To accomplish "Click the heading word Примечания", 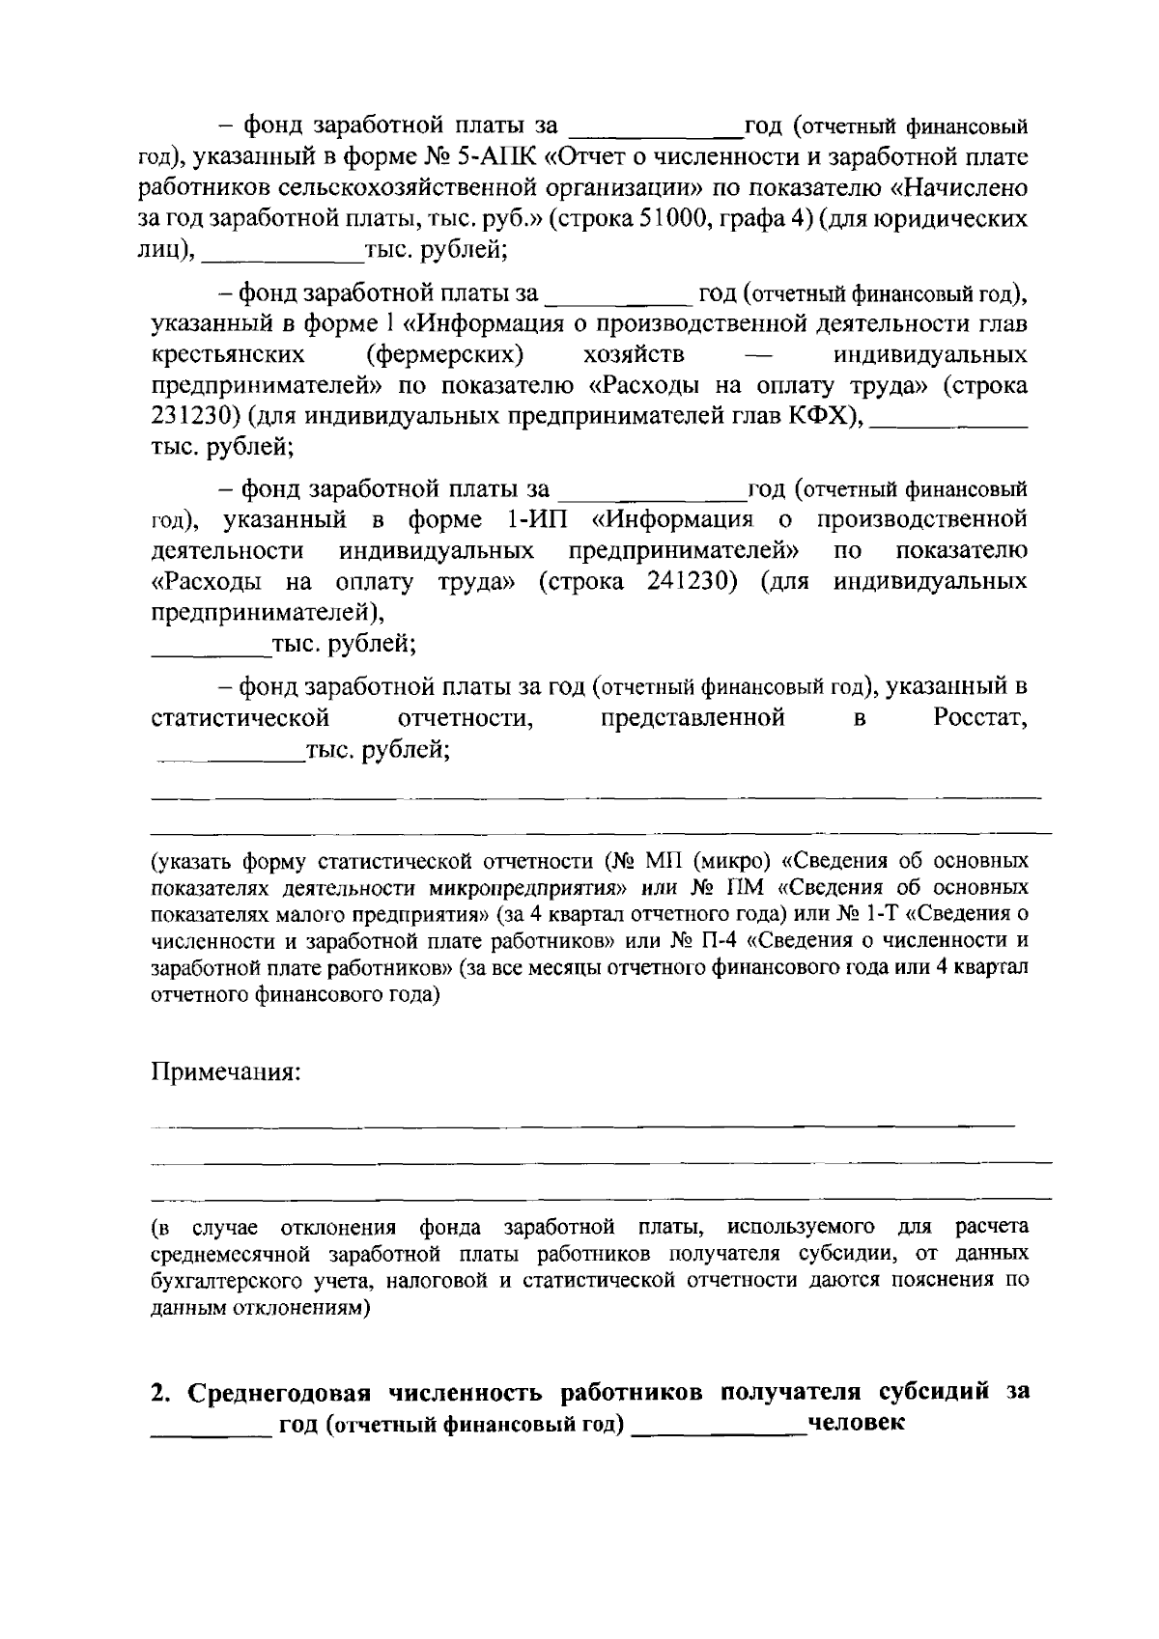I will coord(225,1071).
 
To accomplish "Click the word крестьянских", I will coord(229,353).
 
